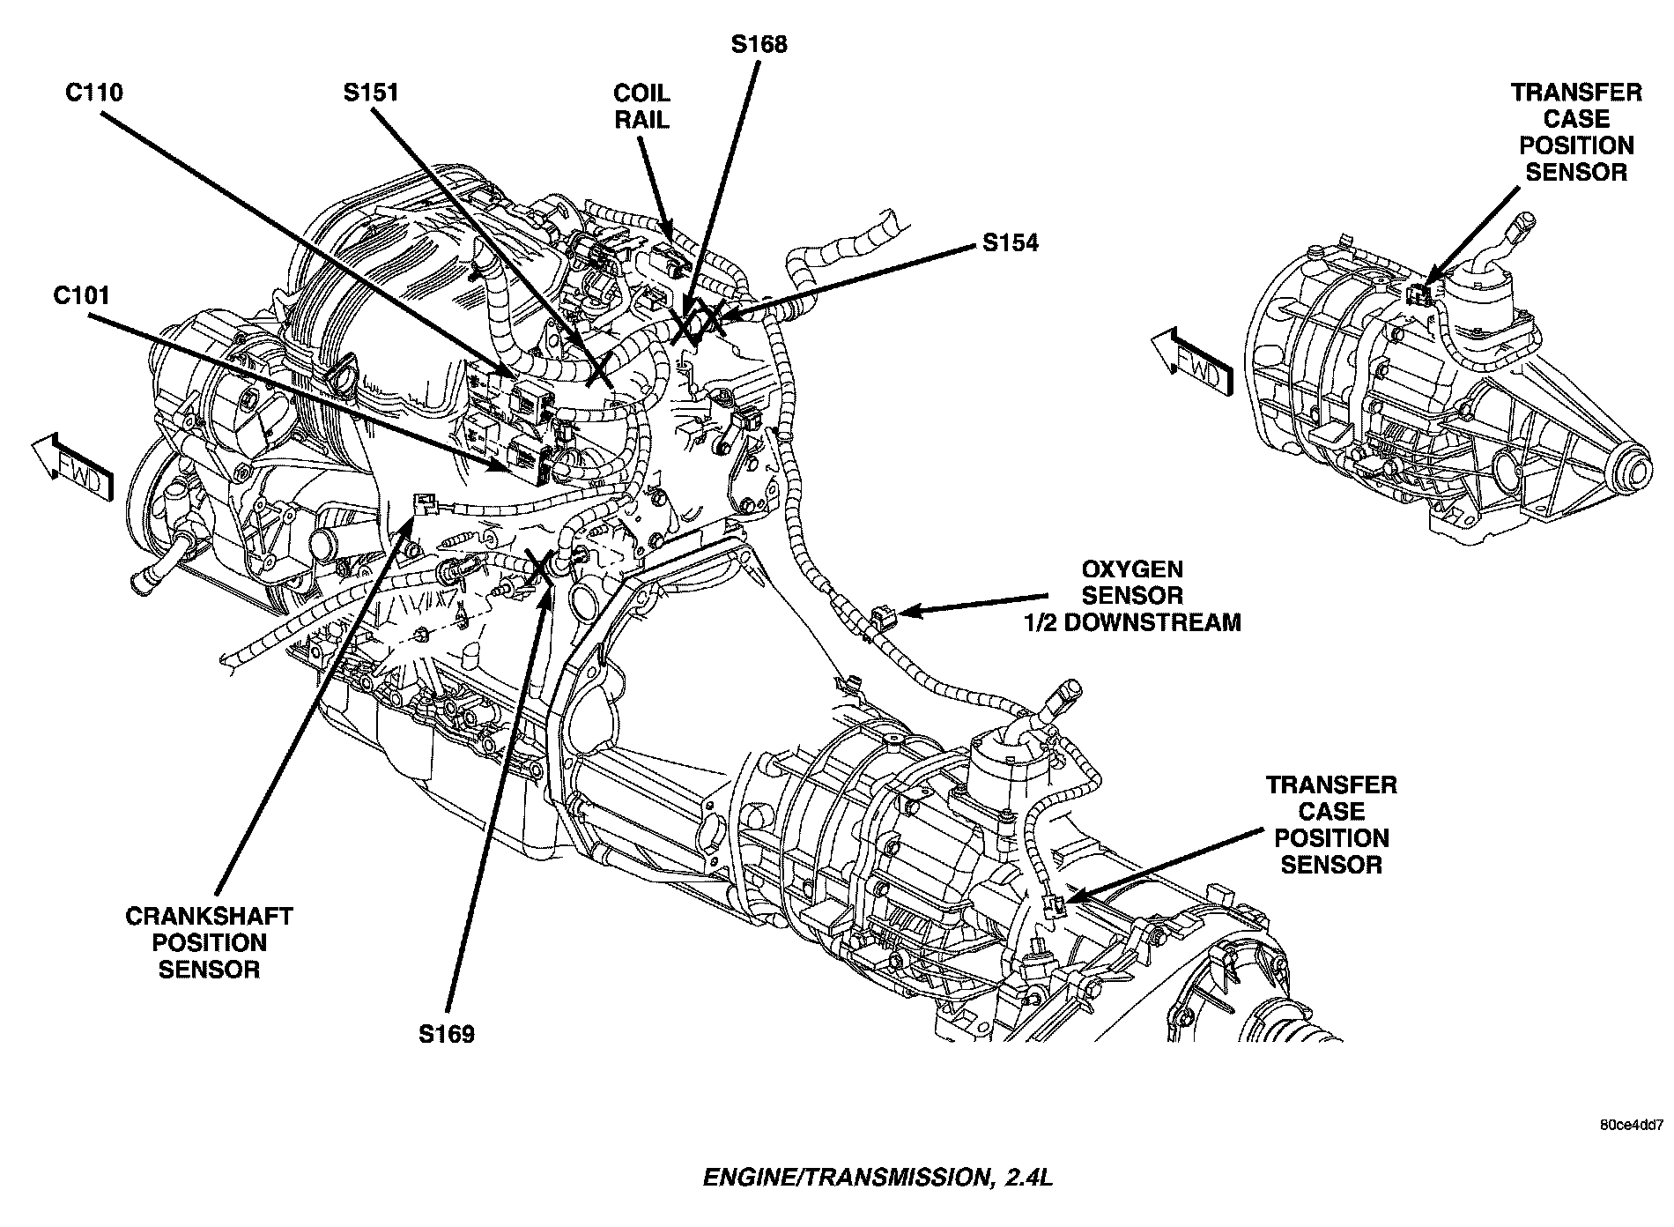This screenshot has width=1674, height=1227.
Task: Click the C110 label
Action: click(94, 92)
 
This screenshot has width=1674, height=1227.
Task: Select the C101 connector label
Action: click(82, 295)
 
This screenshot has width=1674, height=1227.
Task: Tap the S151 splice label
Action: click(371, 92)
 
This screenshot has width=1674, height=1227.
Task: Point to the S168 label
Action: click(759, 44)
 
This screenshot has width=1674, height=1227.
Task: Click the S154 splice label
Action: click(1011, 242)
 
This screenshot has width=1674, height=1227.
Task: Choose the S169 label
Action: click(447, 1033)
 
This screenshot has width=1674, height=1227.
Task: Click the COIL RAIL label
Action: click(641, 106)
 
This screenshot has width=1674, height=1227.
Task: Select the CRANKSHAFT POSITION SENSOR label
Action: click(209, 942)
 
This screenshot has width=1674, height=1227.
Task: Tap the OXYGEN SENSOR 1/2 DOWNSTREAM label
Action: click(1132, 595)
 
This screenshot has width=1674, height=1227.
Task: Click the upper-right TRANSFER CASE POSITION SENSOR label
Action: click(1576, 132)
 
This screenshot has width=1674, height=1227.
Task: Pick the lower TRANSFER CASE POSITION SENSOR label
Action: click(1331, 824)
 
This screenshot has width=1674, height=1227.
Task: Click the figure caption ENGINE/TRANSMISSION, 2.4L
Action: click(878, 1178)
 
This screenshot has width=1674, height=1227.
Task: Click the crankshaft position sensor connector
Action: click(425, 503)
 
